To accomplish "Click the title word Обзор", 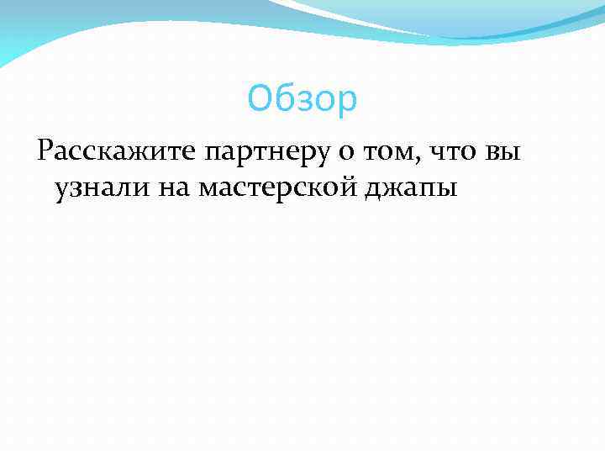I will point(302,100).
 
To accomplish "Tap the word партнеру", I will point(268,153).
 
